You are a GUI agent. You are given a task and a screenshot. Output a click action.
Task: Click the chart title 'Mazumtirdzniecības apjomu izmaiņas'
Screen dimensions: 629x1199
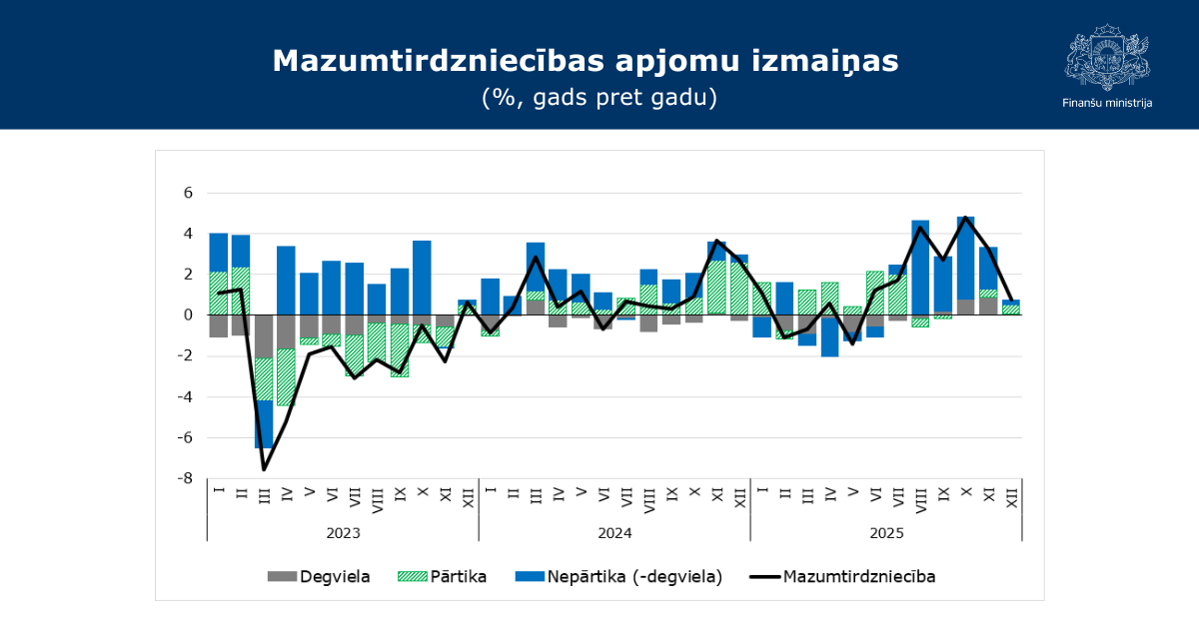point(586,61)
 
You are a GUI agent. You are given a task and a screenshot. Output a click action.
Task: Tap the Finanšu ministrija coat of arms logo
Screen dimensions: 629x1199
point(1106,58)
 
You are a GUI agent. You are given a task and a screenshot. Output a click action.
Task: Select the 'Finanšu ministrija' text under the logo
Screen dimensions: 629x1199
point(1106,103)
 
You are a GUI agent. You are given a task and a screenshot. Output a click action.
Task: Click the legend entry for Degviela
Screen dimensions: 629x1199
point(319,576)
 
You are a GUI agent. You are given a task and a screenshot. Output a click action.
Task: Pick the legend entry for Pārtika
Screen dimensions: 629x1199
point(442,576)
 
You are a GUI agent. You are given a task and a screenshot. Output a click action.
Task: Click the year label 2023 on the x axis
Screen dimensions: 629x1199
point(343,533)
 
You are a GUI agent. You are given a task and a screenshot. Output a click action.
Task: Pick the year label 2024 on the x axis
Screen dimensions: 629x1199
point(614,533)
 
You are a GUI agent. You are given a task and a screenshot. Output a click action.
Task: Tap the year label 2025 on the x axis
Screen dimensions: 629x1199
point(886,533)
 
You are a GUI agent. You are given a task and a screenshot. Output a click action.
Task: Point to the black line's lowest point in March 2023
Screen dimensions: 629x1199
point(264,468)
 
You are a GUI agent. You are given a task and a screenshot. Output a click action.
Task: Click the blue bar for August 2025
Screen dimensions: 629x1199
point(920,267)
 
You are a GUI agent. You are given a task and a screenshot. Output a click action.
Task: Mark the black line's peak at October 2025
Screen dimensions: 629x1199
point(966,218)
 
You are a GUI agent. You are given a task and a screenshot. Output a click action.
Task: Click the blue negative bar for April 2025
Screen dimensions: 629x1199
point(830,335)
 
